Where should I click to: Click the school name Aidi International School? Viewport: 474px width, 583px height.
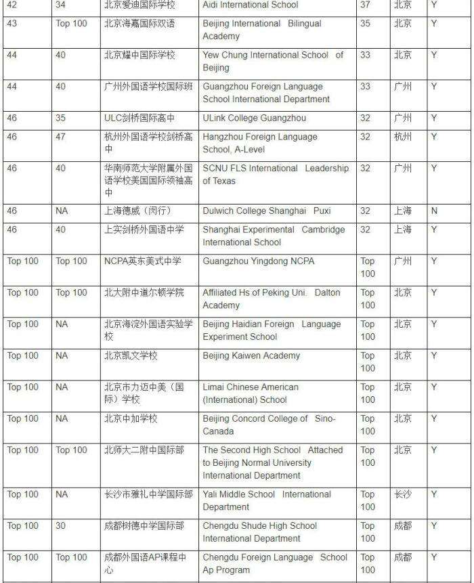(x=250, y=5)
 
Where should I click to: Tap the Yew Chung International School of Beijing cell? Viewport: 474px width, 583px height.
(x=272, y=62)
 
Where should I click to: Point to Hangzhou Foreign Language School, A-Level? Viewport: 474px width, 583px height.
(x=260, y=143)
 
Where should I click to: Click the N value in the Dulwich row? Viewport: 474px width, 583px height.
(x=434, y=211)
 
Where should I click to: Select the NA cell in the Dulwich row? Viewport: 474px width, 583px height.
(x=62, y=211)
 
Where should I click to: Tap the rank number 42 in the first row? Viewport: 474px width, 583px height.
(x=12, y=5)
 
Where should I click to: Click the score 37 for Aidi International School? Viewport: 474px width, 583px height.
(x=366, y=5)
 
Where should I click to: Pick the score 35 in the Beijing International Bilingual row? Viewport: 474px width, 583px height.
(x=366, y=24)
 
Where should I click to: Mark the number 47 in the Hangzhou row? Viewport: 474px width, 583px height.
(x=61, y=137)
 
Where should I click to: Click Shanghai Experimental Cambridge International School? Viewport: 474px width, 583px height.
(x=274, y=236)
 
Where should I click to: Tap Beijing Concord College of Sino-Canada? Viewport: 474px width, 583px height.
(x=269, y=425)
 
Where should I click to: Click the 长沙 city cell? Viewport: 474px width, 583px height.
(x=402, y=494)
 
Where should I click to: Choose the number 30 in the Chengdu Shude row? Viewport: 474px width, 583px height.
(x=61, y=525)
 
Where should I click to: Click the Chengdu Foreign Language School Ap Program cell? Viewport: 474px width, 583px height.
(x=274, y=563)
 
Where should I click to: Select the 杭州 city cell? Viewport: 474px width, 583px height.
(x=402, y=137)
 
